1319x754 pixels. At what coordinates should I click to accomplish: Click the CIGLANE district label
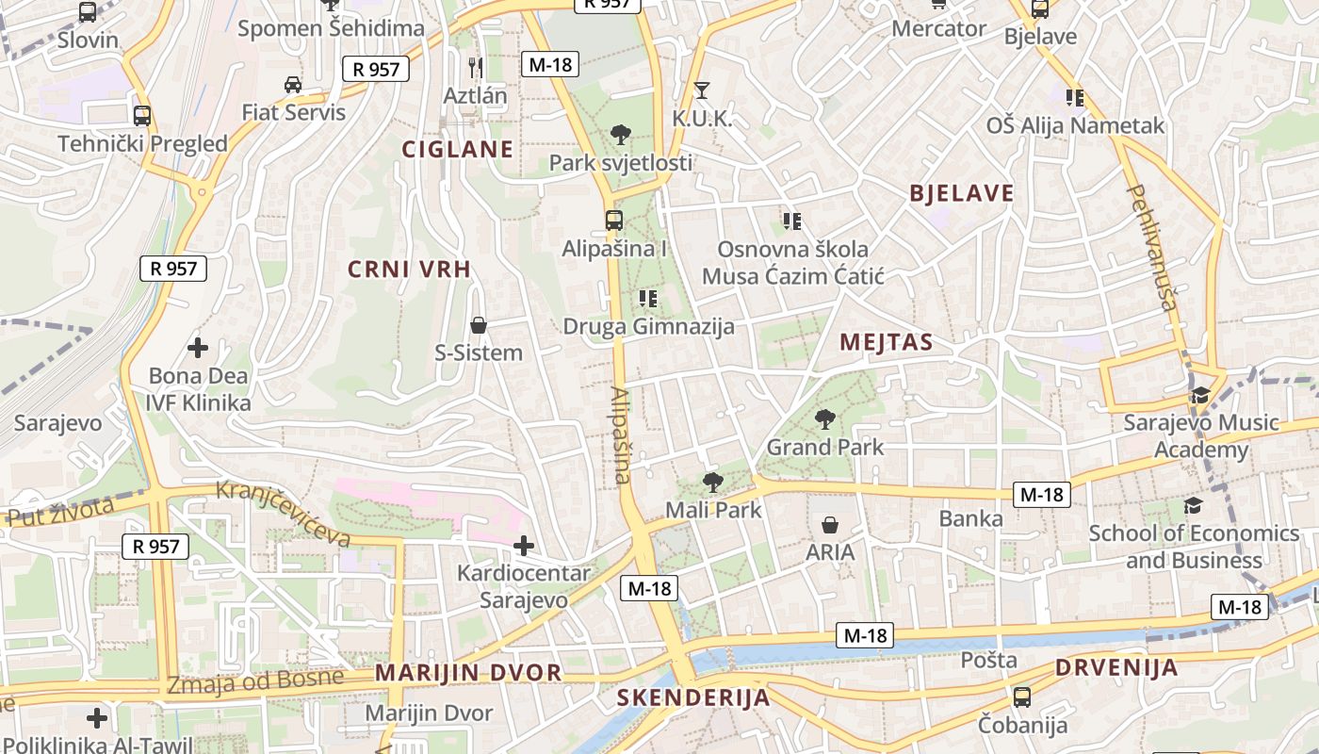[x=458, y=149]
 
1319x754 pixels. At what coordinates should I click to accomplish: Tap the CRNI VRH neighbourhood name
[x=409, y=270]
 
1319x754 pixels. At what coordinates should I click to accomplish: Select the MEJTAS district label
[x=886, y=342]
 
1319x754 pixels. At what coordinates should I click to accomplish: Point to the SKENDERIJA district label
[x=693, y=698]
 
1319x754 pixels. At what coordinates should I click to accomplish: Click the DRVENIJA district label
[x=1116, y=668]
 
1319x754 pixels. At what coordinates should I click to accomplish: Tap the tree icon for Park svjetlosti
[x=620, y=135]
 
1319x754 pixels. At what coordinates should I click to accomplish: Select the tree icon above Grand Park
[x=825, y=418]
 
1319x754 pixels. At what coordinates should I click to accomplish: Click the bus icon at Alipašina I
[x=613, y=221]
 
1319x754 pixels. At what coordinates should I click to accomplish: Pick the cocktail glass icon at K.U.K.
[x=701, y=90]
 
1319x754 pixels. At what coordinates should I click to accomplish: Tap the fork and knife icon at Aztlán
[x=476, y=67]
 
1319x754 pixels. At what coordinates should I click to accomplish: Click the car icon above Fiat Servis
[x=293, y=85]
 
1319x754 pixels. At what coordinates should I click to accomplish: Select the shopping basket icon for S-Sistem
[x=479, y=326]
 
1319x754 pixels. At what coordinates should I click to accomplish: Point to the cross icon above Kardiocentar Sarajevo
[x=523, y=545]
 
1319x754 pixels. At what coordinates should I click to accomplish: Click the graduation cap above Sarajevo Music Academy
[x=1199, y=396]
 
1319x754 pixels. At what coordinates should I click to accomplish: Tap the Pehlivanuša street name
[x=1153, y=247]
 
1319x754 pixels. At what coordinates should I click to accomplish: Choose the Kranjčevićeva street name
[x=284, y=514]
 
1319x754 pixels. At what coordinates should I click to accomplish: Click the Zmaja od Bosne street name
[x=255, y=680]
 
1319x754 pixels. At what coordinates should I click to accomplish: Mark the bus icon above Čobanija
[x=1022, y=697]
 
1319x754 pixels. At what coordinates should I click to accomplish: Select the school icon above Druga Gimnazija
[x=647, y=299]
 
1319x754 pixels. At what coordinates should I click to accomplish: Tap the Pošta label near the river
[x=988, y=660]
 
